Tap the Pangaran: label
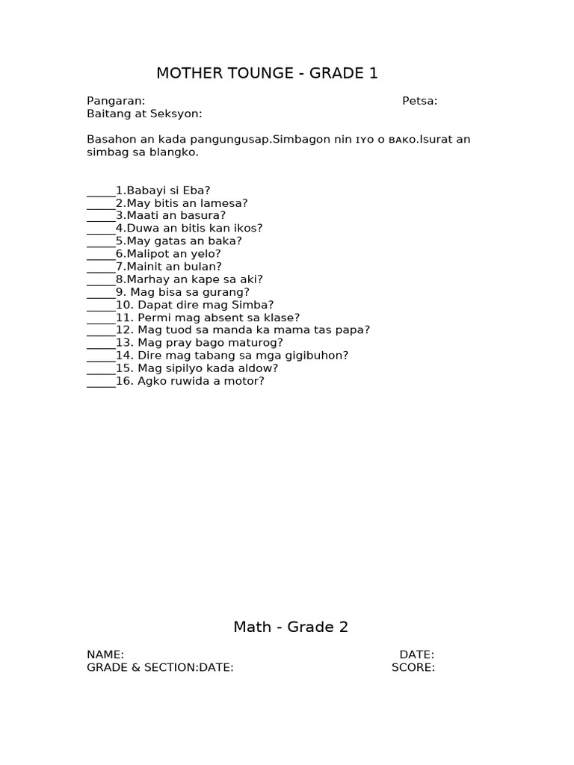coord(116,102)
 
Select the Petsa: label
coord(420,102)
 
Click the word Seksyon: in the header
coord(176,114)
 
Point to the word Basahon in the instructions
coord(111,140)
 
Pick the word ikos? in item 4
coord(246,229)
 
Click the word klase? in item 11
coord(280,318)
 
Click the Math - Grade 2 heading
coord(291,628)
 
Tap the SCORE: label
coord(413,668)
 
